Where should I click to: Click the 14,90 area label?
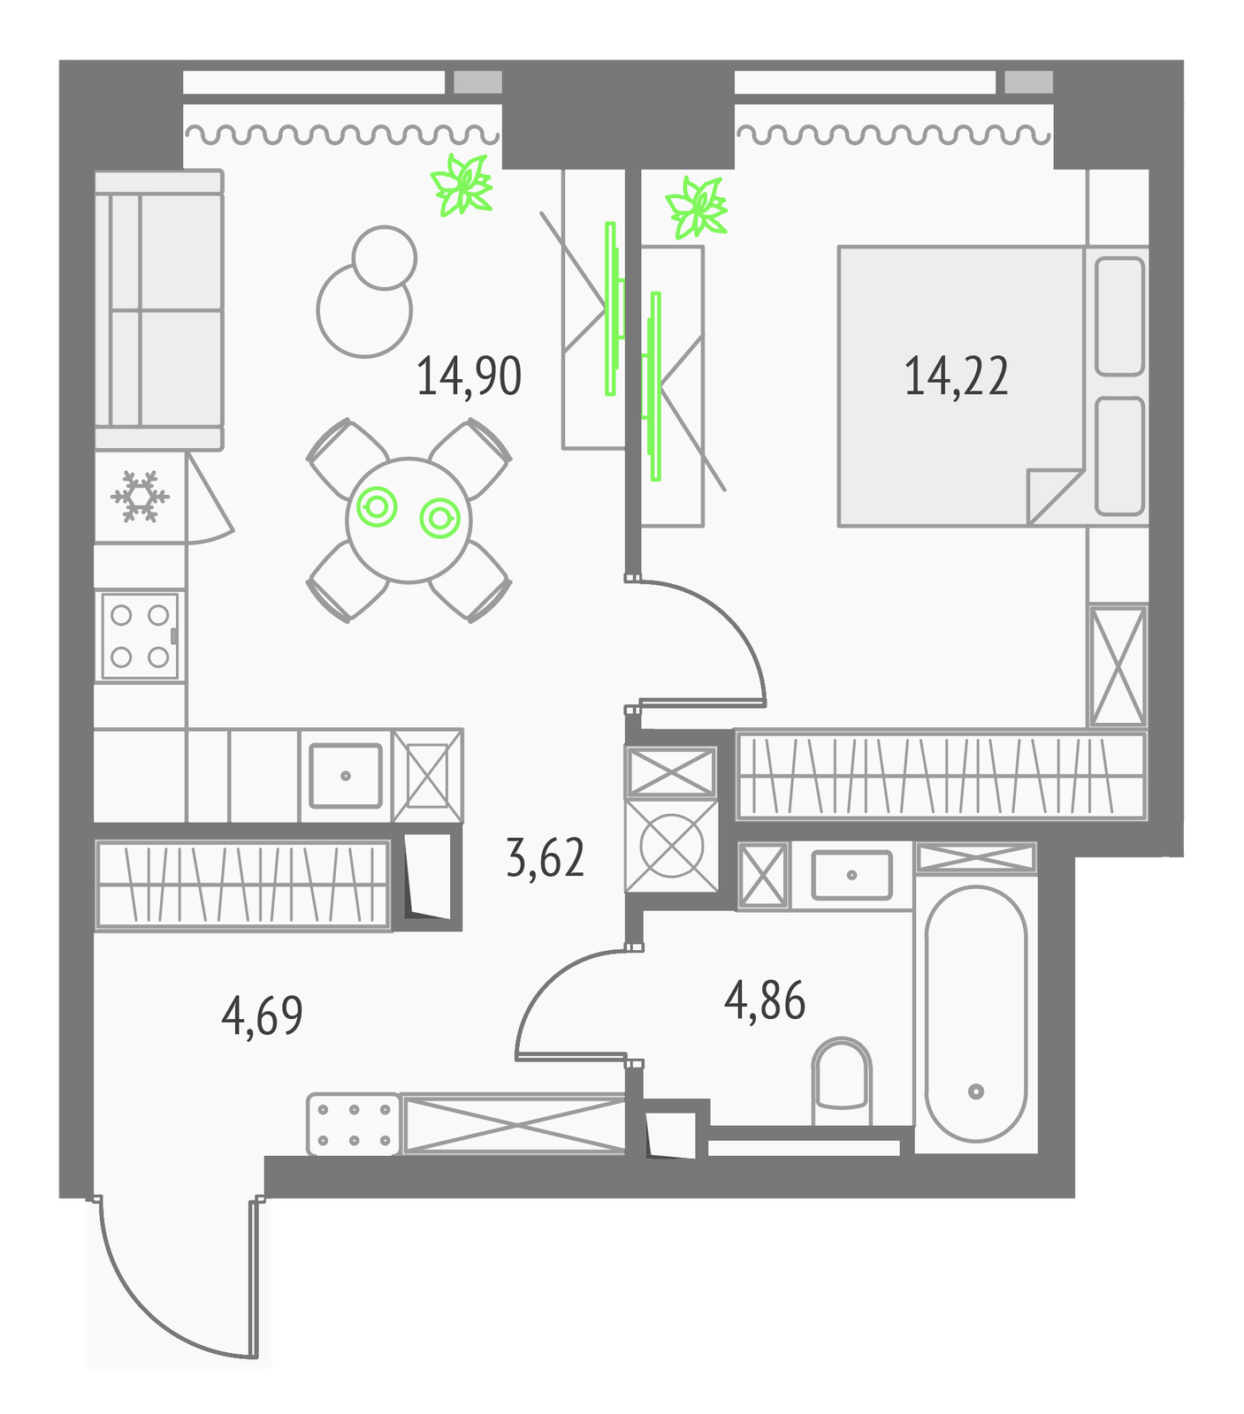469,376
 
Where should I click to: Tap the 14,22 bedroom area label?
956,376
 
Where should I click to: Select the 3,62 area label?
545,858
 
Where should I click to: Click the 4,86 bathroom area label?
765,1001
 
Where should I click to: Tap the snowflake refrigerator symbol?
140,496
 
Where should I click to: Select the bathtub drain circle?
976,1091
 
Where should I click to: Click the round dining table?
408,520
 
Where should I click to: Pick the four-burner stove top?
140,636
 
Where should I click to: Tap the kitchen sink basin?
346,775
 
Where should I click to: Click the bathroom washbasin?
851,875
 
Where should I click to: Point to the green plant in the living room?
461,185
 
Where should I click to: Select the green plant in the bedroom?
698,209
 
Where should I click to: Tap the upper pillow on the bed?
1119,316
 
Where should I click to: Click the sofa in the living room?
158,310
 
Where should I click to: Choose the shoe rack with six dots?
354,1124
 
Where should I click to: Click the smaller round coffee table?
385,257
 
